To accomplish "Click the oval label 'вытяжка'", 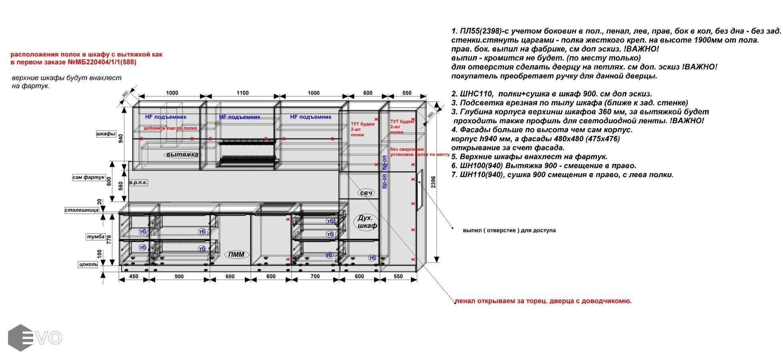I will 182,155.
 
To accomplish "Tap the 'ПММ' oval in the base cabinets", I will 236,254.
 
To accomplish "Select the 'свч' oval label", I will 366,193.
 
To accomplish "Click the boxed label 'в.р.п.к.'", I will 138,182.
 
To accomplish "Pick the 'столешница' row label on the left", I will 82,210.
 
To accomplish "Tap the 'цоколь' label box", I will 88,264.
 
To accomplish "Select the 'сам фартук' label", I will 88,177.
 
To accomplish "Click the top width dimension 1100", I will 242,93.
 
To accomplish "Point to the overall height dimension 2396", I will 433,182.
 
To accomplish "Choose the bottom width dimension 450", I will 134,276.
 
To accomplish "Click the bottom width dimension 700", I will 315,276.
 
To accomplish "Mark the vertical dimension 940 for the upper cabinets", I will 121,139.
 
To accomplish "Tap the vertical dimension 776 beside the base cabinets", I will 108,239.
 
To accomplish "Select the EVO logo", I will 35,338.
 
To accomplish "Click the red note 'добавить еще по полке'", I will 170,128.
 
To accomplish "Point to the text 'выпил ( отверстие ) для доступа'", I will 509,230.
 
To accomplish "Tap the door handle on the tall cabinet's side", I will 419,190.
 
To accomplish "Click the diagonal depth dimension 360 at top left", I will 124,94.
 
